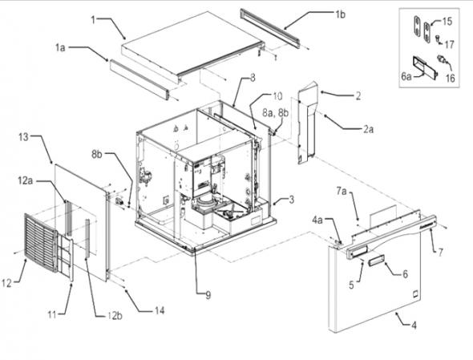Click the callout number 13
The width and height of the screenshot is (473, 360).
tap(23, 137)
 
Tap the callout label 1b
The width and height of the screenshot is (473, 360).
tap(340, 14)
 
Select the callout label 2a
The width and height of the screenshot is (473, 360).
tap(368, 129)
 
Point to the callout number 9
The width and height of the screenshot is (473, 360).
tap(208, 295)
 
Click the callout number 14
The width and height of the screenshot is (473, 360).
tap(160, 310)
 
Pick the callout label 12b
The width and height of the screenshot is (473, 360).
tap(115, 316)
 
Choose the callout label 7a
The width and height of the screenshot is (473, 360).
tap(342, 191)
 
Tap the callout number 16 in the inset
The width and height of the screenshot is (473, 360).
tap(450, 78)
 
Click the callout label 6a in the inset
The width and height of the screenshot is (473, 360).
tap(406, 77)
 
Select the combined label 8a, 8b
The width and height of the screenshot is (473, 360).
tap(275, 113)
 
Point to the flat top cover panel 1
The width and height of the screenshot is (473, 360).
tap(193, 44)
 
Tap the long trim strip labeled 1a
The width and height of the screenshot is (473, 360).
tap(139, 79)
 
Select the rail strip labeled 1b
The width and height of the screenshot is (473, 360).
tap(270, 28)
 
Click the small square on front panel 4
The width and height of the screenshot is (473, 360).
tap(415, 293)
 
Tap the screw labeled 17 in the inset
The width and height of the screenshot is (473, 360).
tap(438, 38)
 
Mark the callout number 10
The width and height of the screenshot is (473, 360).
tap(277, 96)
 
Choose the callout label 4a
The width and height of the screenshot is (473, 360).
tap(317, 220)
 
